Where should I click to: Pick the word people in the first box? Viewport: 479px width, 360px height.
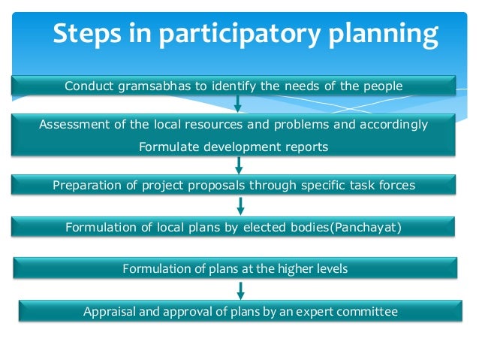coord(383,86)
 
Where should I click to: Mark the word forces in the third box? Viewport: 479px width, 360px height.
coord(395,185)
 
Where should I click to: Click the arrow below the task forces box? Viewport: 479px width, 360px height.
coord(240,205)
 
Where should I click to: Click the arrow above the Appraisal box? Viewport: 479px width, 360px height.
coord(240,289)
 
